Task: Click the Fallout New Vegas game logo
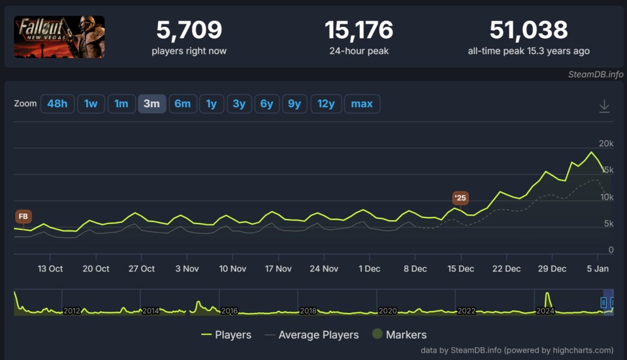coord(59,37)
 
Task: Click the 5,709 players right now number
coord(189,30)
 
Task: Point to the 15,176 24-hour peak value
coord(359,30)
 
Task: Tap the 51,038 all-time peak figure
coord(528,30)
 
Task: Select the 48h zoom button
coord(57,104)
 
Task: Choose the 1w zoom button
coord(91,104)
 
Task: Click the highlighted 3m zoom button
coord(152,104)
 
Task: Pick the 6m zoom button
coord(182,104)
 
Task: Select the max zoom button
coord(362,104)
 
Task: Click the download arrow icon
coord(605,106)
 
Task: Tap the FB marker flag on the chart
coord(24,216)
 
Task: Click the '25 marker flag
coord(460,197)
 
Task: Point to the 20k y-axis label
coord(606,144)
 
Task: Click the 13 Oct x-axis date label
coord(50,269)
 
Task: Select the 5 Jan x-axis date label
coord(598,269)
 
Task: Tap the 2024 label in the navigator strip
coord(545,311)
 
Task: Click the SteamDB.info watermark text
coord(596,74)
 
